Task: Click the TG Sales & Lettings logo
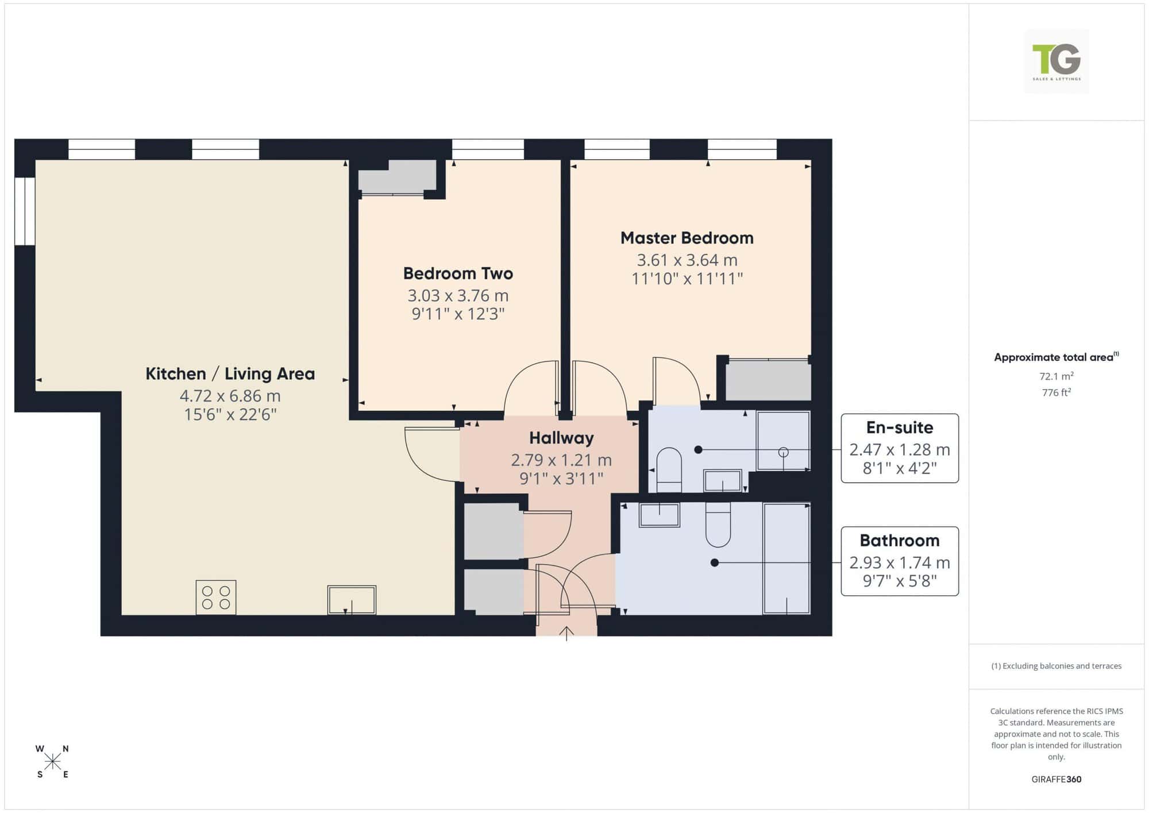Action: click(x=1057, y=61)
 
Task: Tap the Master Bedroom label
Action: click(x=687, y=238)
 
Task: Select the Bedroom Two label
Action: click(x=458, y=273)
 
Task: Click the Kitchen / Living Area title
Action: click(x=230, y=374)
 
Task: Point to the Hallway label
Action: click(x=561, y=438)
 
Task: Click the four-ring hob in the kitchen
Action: click(x=216, y=597)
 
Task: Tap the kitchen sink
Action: click(x=352, y=600)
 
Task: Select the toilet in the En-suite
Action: click(x=669, y=470)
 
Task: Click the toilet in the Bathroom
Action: click(x=718, y=525)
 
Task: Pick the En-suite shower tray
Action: click(x=784, y=441)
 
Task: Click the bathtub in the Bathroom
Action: click(x=786, y=559)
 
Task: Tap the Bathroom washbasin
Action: click(x=660, y=515)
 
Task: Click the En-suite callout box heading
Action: click(x=900, y=427)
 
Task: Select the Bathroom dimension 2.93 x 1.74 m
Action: click(x=900, y=562)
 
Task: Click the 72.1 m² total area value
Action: click(x=1057, y=376)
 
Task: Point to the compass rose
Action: click(x=52, y=762)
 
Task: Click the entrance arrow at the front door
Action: click(x=566, y=633)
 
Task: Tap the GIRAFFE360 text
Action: click(x=1057, y=780)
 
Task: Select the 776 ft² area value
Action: click(x=1057, y=392)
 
